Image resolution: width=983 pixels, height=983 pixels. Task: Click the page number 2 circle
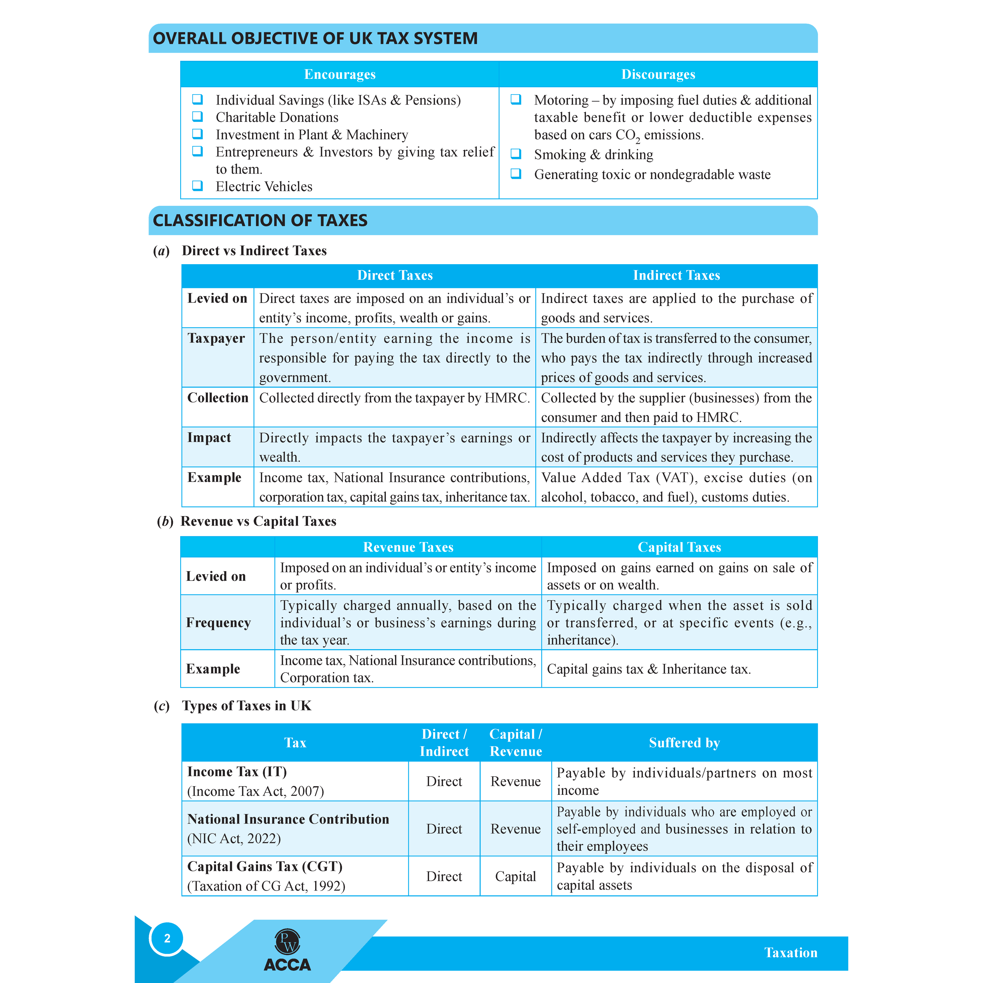(x=167, y=938)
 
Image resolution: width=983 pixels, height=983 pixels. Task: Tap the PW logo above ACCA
(x=287, y=942)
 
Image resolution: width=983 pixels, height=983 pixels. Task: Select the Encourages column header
(x=340, y=74)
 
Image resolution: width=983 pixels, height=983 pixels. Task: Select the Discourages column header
(x=658, y=74)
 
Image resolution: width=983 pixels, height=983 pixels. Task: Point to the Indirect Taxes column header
(x=676, y=275)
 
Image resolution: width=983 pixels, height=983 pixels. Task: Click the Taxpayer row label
(x=216, y=338)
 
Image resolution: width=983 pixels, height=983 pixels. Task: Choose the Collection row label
(x=218, y=398)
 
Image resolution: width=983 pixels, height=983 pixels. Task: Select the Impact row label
(x=209, y=437)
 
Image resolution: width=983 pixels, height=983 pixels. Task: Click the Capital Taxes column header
(x=679, y=547)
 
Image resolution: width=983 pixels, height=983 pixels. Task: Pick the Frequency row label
(x=218, y=623)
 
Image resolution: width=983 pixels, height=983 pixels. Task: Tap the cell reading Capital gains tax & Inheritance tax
(x=649, y=669)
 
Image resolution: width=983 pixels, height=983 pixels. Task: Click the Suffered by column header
(x=684, y=743)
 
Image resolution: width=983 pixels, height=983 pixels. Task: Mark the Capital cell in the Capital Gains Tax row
(x=515, y=876)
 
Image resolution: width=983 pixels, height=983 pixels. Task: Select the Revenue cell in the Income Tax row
(x=515, y=782)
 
